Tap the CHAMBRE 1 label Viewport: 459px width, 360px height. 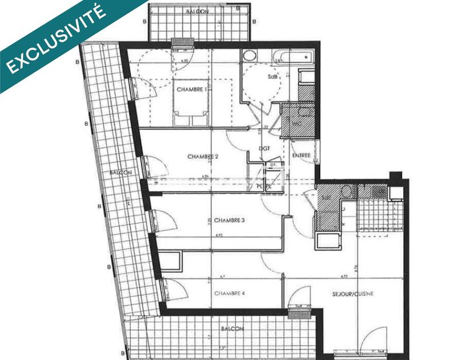click(192, 89)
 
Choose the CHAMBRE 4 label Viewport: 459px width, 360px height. click(229, 294)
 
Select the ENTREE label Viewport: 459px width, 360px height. click(301, 155)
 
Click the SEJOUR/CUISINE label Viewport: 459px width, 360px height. click(352, 294)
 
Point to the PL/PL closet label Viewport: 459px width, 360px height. click(263, 186)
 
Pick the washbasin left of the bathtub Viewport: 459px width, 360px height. click(250, 56)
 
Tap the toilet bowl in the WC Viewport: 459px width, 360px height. click(305, 111)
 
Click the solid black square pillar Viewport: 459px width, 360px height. click(395, 175)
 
